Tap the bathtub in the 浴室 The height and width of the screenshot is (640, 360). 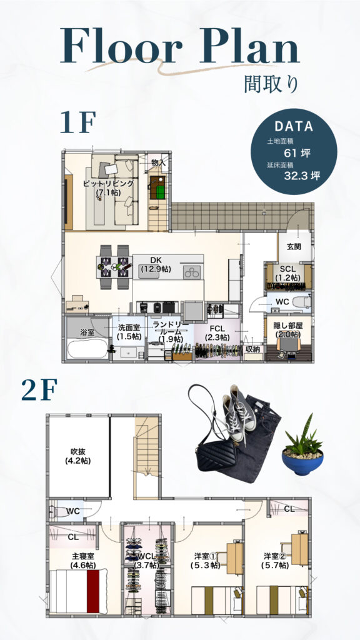pyautogui.click(x=87, y=349)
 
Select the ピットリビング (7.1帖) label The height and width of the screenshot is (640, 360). pyautogui.click(x=108, y=187)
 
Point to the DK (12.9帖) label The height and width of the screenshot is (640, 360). pyautogui.click(x=156, y=265)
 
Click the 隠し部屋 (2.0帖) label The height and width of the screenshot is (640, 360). pyautogui.click(x=287, y=329)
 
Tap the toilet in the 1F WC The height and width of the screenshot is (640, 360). pyautogui.click(x=303, y=302)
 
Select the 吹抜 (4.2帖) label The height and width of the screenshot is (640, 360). pyautogui.click(x=77, y=456)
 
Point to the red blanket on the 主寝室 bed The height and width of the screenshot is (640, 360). pyautogui.click(x=93, y=591)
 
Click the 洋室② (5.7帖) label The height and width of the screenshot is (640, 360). pyautogui.click(x=275, y=561)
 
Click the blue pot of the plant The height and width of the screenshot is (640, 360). pyautogui.click(x=302, y=462)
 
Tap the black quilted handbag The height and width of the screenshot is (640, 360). pyautogui.click(x=217, y=455)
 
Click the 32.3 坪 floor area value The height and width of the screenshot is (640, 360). pyautogui.click(x=302, y=176)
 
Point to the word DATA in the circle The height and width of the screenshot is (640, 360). pyautogui.click(x=294, y=126)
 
